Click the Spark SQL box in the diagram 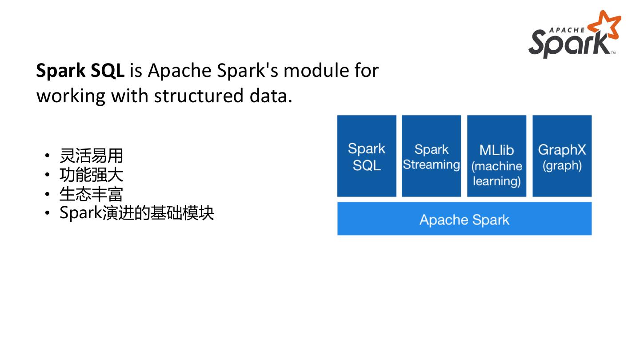[366, 156]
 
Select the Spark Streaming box [431, 156]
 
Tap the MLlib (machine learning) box [496, 156]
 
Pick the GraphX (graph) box [562, 156]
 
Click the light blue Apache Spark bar [464, 219]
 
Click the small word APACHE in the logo [567, 30]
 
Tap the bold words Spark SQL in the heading [80, 71]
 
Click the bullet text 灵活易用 [91, 156]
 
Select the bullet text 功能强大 [91, 175]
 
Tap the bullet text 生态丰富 [91, 194]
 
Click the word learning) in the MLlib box [496, 181]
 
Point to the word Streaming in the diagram [431, 164]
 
